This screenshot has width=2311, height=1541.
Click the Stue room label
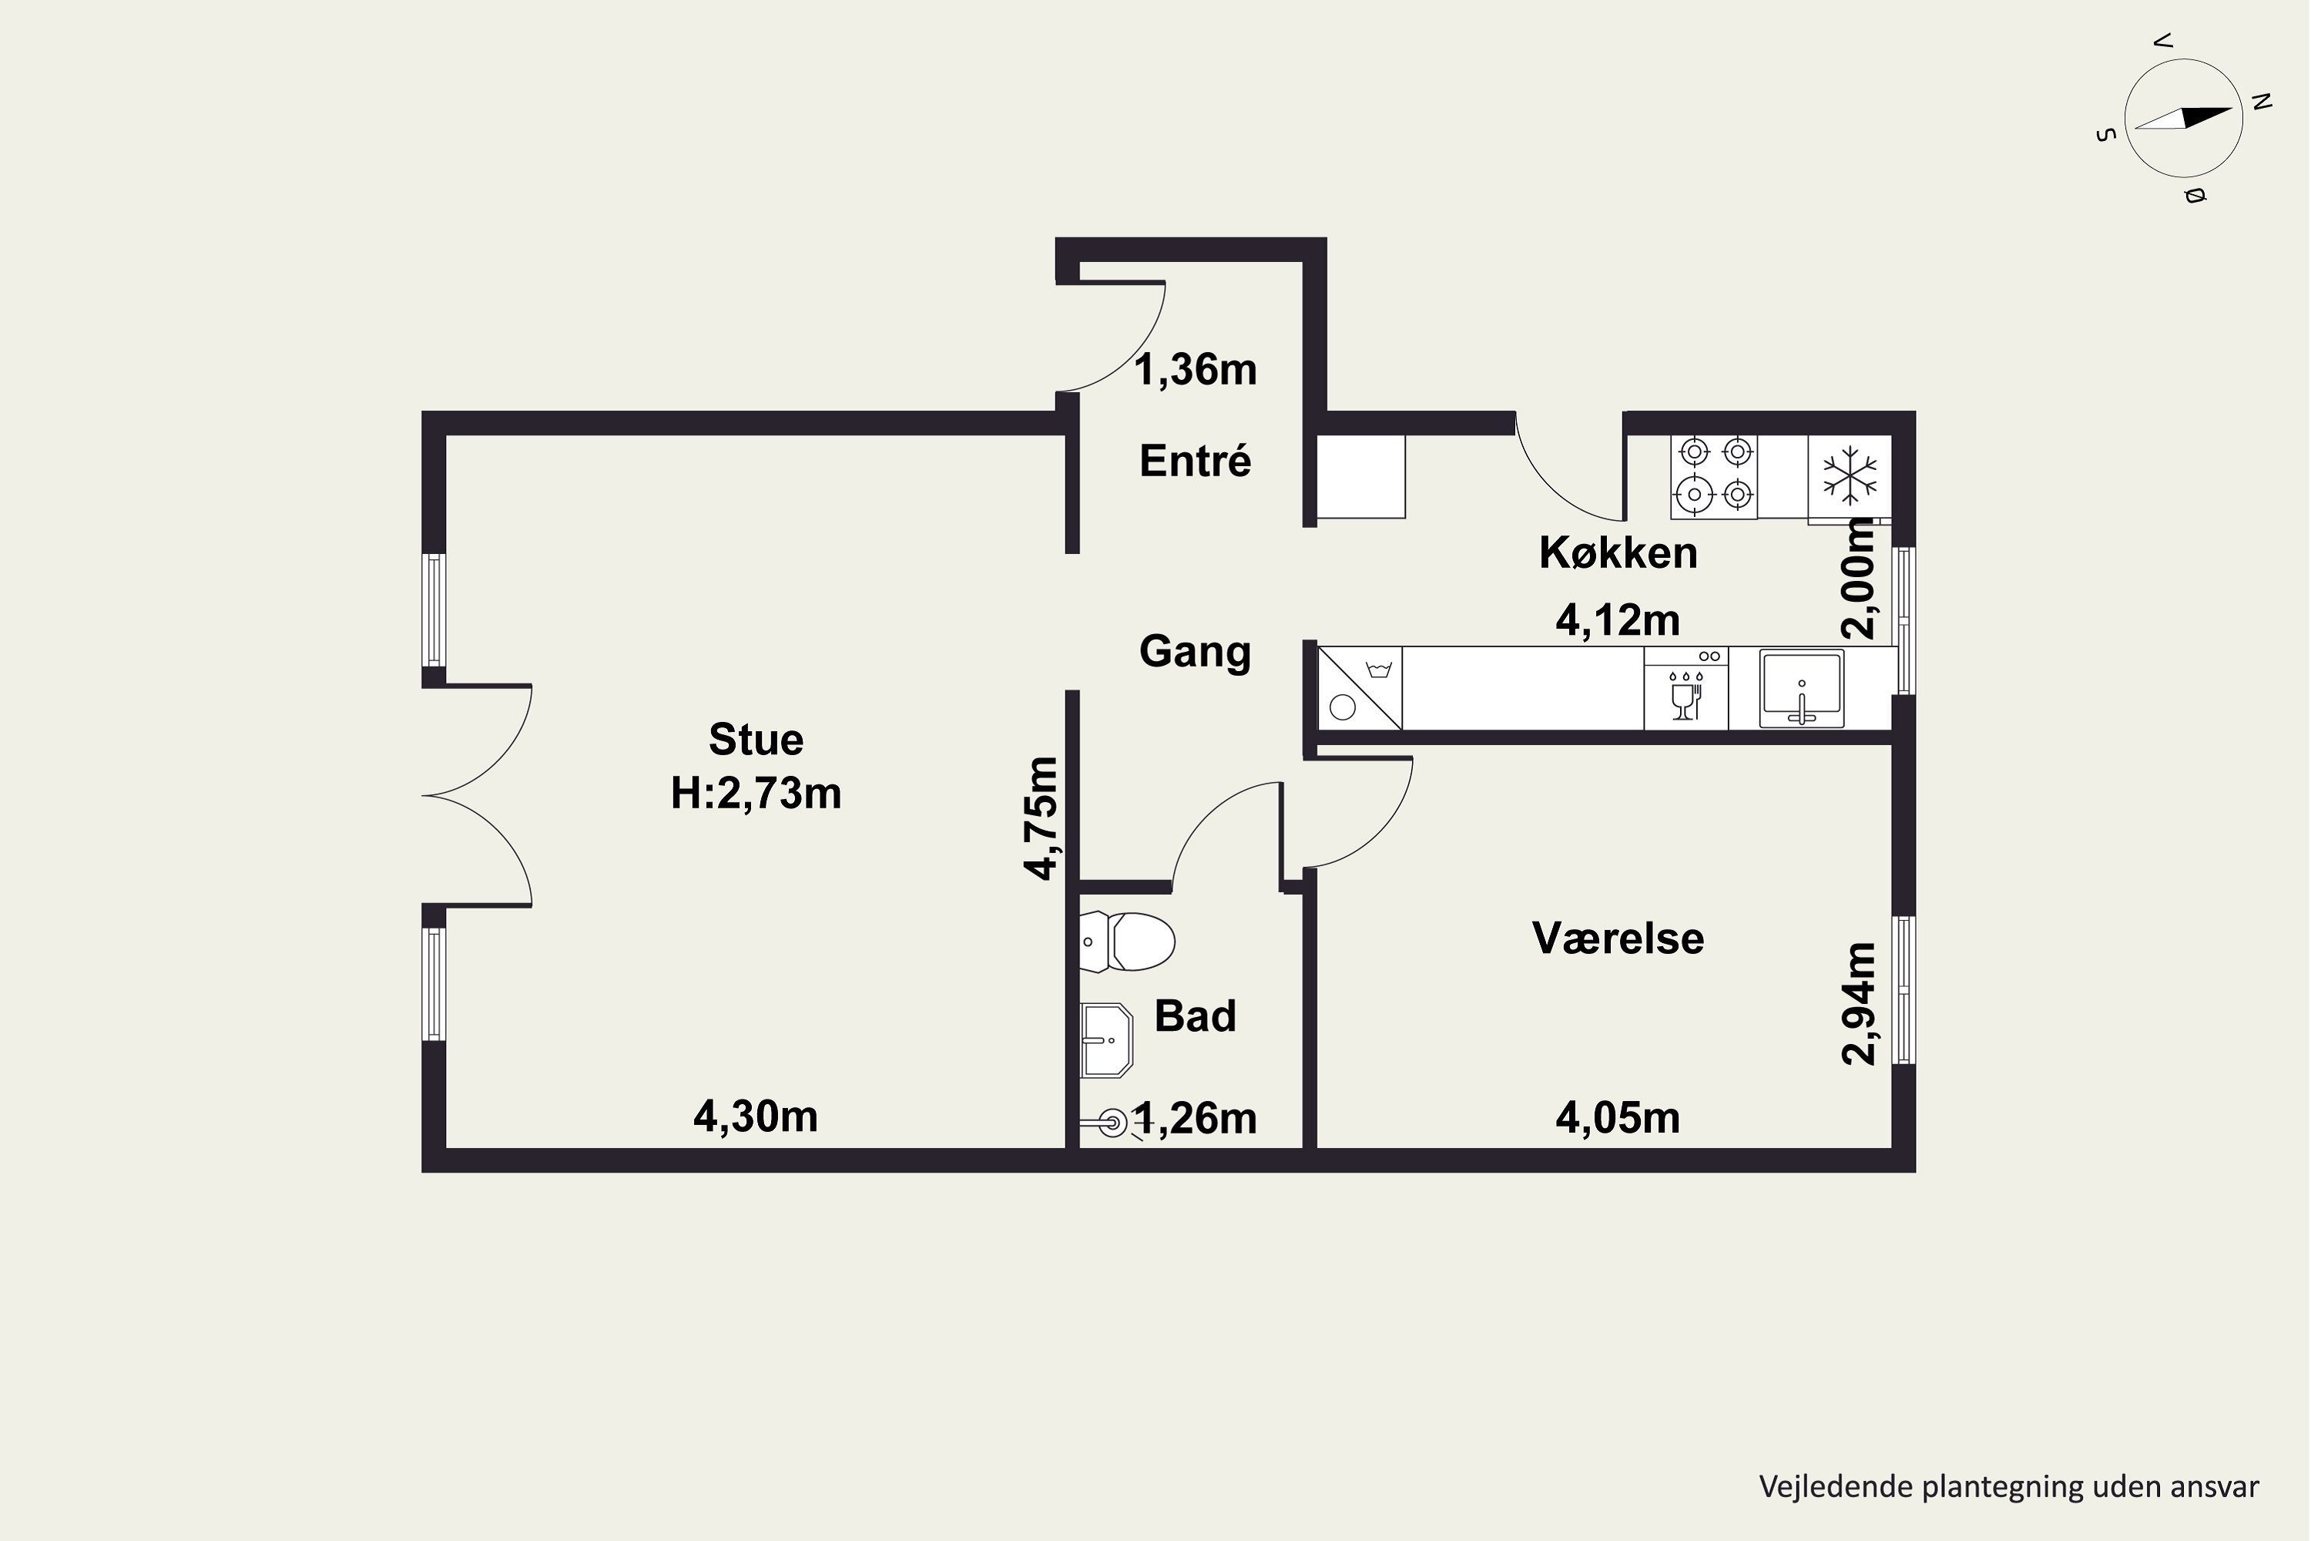pos(756,739)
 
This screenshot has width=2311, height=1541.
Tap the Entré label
pos(1195,461)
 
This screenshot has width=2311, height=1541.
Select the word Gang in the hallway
pos(1195,653)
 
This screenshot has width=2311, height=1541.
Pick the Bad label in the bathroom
pos(1195,1016)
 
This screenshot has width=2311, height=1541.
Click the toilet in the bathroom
pos(1127,942)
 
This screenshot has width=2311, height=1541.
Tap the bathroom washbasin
pos(1106,1039)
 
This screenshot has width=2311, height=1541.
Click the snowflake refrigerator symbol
pos(1850,477)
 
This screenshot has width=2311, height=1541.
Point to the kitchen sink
pos(1801,688)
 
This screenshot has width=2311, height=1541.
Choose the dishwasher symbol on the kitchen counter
pos(1686,688)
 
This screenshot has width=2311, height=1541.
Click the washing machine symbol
pos(1360,688)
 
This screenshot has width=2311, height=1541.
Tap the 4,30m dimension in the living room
pos(756,1116)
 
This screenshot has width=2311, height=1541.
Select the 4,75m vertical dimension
pos(1041,818)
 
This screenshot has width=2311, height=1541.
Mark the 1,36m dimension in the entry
pos(1196,371)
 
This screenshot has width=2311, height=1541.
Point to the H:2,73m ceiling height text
pos(756,793)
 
